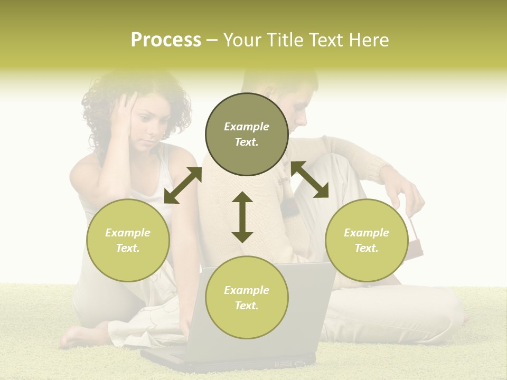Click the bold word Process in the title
point(166,40)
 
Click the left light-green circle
point(128,240)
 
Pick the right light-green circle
point(367,240)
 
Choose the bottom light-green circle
point(247,298)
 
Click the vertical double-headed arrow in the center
point(242,217)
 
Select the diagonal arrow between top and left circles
point(183,185)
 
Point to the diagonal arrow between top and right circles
point(309,179)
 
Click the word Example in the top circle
point(247,127)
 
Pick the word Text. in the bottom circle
point(247,306)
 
